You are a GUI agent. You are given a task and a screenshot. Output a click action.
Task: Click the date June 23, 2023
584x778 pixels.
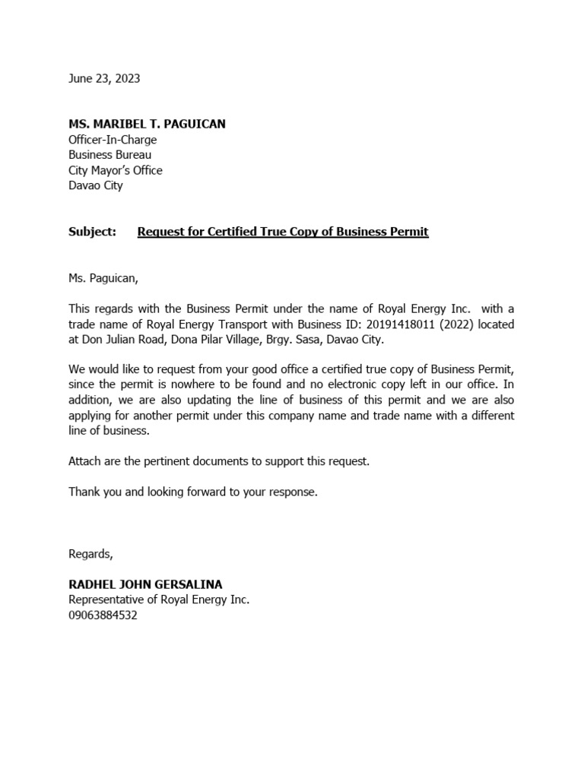[104, 78]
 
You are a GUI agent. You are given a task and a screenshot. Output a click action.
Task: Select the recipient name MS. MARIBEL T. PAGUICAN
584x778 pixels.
[147, 124]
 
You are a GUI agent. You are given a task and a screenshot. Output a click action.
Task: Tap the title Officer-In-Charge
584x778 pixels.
[113, 140]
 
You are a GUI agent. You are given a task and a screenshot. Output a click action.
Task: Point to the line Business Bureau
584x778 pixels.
[109, 155]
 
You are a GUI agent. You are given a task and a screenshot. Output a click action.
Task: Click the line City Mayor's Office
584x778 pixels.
[115, 170]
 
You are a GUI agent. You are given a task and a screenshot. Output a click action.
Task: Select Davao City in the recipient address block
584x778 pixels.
[95, 185]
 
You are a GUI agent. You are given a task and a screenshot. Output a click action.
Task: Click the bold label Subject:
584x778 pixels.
[92, 232]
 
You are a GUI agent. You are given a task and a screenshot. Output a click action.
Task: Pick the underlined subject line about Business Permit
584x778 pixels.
[283, 232]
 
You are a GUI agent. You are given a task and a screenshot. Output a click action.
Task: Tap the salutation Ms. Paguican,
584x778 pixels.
[103, 278]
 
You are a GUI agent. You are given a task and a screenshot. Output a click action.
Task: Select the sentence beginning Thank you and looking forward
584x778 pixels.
[193, 492]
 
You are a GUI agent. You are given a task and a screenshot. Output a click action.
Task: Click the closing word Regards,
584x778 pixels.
[90, 554]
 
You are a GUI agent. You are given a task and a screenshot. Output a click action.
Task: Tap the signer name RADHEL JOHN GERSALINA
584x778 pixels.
[145, 584]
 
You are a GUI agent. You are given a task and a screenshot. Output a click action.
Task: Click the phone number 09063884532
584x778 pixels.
[103, 615]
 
